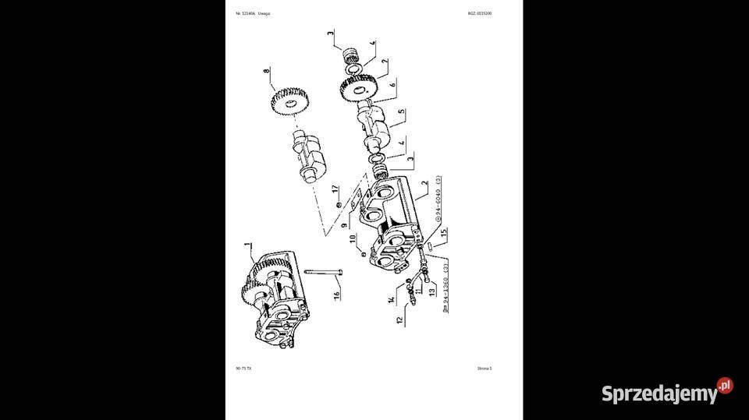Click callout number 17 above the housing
coord(333,189)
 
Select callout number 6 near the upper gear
coord(392,83)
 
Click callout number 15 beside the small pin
coord(443,231)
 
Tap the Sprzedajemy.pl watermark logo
coord(667,392)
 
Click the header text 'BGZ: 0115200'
coord(480,13)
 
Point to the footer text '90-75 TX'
coord(243,369)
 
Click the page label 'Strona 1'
coord(485,369)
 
